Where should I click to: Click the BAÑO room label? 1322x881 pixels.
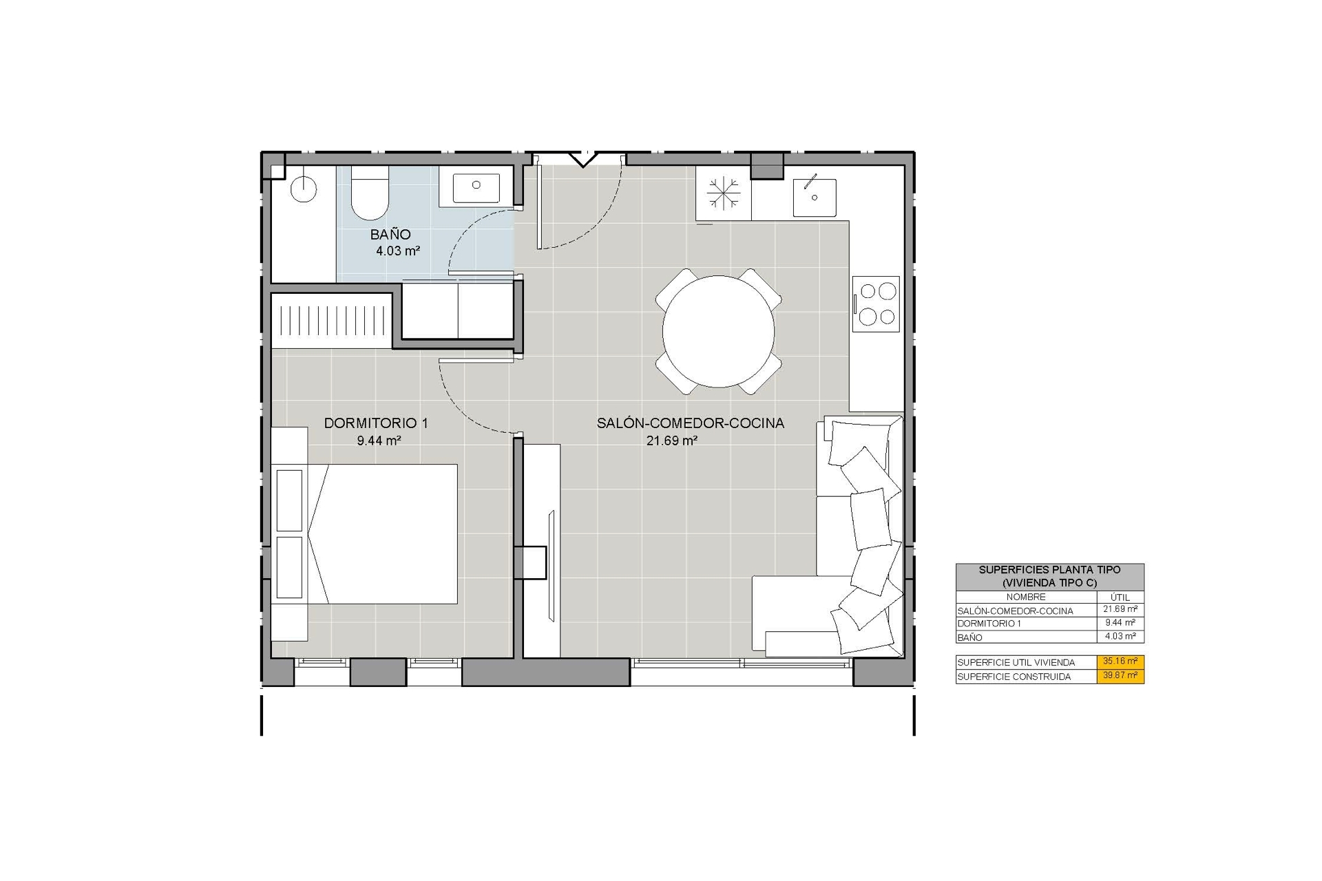pyautogui.click(x=390, y=235)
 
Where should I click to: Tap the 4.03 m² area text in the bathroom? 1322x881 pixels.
pyautogui.click(x=398, y=251)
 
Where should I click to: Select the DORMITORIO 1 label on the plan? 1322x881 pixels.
pyautogui.click(x=376, y=423)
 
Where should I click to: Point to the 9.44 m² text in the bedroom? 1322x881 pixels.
pyautogui.click(x=379, y=440)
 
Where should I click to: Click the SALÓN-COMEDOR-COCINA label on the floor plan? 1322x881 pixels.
pyautogui.click(x=691, y=423)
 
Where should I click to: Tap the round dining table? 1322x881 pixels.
pyautogui.click(x=718, y=331)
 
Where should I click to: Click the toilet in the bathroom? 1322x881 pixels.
pyautogui.click(x=369, y=192)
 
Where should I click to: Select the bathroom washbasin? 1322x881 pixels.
pyautogui.click(x=476, y=188)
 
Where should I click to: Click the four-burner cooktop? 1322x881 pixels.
pyautogui.click(x=876, y=304)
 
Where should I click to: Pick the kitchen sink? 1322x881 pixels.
pyautogui.click(x=815, y=197)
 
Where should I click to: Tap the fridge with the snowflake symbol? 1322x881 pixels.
pyautogui.click(x=723, y=193)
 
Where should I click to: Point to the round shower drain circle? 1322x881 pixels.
pyautogui.click(x=303, y=188)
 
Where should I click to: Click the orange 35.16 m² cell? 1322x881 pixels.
pyautogui.click(x=1120, y=661)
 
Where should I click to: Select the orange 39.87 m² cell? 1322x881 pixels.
pyautogui.click(x=1120, y=676)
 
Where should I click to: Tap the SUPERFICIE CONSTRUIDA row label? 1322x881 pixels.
pyautogui.click(x=1014, y=677)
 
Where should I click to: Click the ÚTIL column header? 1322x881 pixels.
pyautogui.click(x=1120, y=597)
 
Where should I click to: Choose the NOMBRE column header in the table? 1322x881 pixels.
pyautogui.click(x=1026, y=597)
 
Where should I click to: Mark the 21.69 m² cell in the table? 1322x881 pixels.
pyautogui.click(x=1120, y=609)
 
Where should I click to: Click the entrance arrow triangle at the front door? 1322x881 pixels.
pyautogui.click(x=583, y=159)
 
